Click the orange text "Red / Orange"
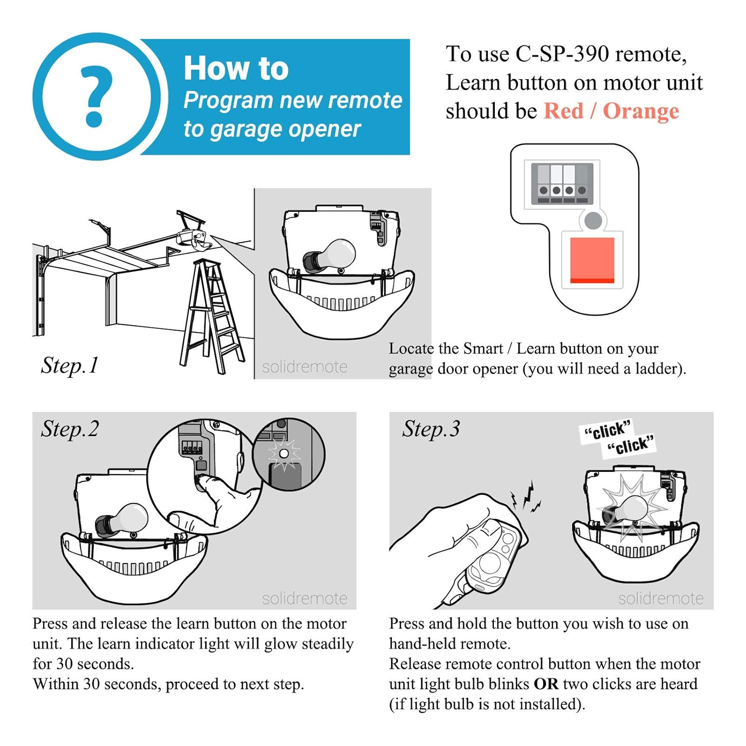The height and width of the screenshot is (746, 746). tap(611, 111)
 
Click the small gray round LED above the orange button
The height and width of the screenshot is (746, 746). tap(593, 220)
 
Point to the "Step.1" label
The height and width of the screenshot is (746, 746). tap(70, 366)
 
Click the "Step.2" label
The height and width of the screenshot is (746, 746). tap(70, 429)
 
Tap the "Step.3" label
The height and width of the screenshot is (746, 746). tap(431, 429)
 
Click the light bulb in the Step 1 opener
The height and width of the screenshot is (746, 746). tap(329, 256)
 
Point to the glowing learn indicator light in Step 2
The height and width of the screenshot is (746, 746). tap(284, 454)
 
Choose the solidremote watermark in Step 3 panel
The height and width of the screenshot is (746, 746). tap(661, 598)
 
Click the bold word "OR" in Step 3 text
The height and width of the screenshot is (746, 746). tap(546, 684)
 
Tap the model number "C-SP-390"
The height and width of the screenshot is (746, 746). tap(562, 54)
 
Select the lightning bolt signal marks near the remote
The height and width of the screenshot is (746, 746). tap(526, 497)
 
